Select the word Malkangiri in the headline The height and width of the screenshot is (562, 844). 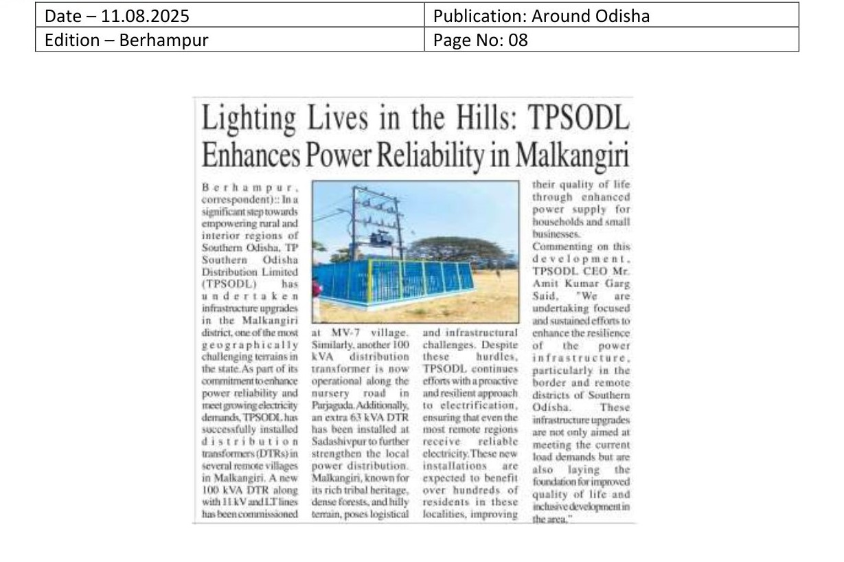click(571, 155)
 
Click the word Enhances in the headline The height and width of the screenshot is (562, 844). click(250, 155)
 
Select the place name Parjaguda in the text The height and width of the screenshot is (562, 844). click(334, 407)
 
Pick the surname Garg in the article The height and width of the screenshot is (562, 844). click(600, 283)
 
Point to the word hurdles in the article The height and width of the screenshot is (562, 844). click(496, 357)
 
